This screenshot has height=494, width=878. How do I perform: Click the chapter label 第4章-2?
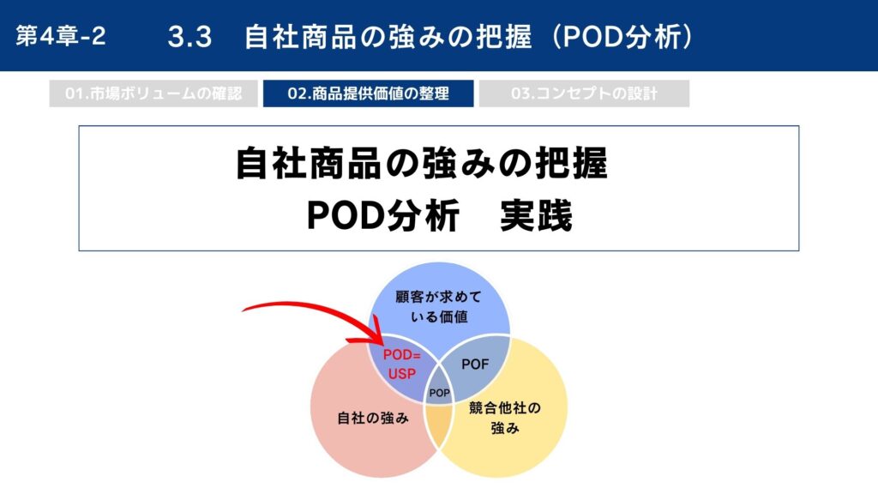point(61,36)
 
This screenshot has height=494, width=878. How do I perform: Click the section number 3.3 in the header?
point(189,37)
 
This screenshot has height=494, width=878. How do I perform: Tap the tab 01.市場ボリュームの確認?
point(153,93)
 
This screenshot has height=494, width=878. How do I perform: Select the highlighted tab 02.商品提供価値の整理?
point(369,93)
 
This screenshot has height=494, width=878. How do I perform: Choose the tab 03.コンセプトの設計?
point(584,93)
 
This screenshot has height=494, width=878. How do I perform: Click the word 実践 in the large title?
point(536,215)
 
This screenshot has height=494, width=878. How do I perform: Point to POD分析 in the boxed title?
point(383,215)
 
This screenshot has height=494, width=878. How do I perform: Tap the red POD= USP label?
point(401,364)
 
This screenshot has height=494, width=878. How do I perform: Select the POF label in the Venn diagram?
point(475,364)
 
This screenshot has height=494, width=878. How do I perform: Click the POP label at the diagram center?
point(439,393)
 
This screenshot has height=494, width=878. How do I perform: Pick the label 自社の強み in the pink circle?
point(373,418)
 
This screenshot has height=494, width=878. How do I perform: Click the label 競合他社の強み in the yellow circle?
point(504,418)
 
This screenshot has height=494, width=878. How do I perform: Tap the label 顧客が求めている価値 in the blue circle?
point(439,307)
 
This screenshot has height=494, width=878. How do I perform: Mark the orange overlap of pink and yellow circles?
point(438,424)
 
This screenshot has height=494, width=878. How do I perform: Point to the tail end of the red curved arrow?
point(243,310)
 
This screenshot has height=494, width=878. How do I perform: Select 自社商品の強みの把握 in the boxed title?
point(422,164)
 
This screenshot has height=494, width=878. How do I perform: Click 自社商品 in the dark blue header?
point(301,37)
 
